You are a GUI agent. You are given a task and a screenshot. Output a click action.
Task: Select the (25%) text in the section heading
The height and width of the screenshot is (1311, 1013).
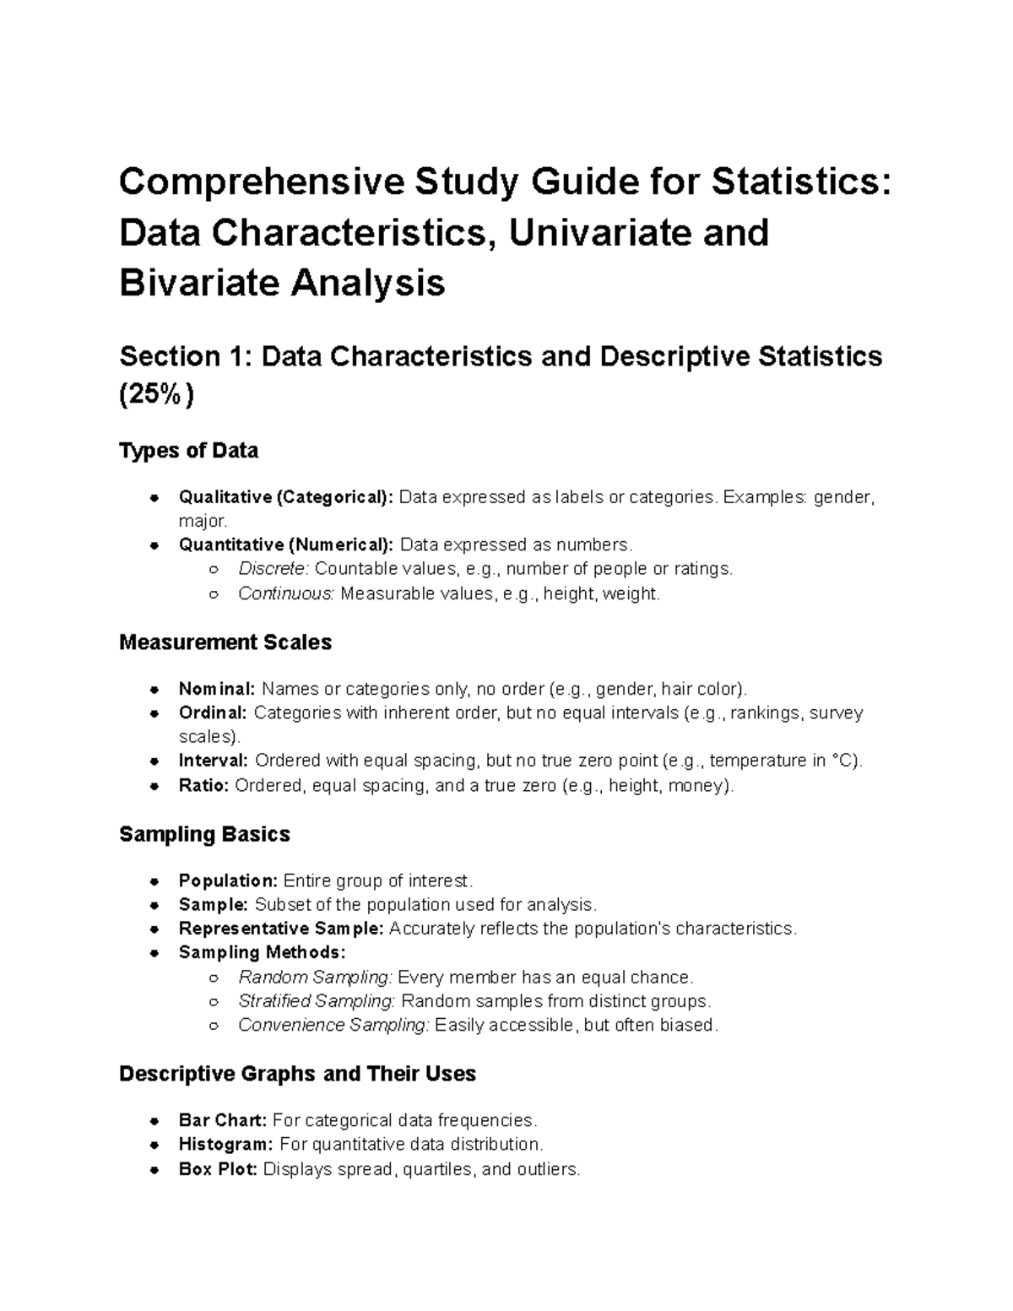(157, 394)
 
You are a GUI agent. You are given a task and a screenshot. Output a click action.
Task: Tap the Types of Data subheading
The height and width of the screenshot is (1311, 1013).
(188, 451)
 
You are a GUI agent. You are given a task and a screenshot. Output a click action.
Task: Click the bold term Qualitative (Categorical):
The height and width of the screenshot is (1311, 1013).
(285, 497)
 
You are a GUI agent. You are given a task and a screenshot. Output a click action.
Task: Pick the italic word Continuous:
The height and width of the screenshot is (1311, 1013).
(286, 593)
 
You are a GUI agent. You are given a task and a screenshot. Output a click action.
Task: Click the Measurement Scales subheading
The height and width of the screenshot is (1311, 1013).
(225, 642)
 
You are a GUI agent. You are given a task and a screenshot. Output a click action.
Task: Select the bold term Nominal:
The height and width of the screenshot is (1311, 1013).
(216, 689)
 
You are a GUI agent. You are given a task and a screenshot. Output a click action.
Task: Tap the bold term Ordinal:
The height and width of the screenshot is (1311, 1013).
(213, 712)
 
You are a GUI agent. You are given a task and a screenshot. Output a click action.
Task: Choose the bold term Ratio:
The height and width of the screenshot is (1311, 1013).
(203, 785)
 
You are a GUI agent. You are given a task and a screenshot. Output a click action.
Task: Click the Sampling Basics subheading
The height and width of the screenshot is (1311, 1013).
(204, 834)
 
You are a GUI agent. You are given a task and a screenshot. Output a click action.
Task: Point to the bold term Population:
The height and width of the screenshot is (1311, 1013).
(228, 880)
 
